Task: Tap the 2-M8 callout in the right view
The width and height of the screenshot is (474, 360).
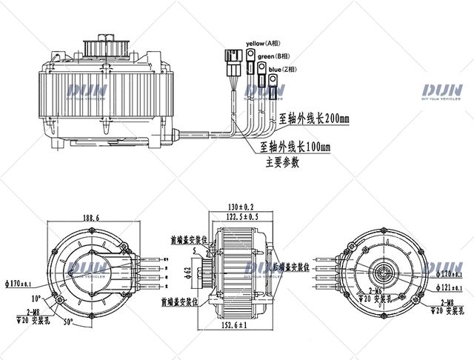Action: (x=443, y=304)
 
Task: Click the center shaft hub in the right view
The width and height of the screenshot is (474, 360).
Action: (x=387, y=267)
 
